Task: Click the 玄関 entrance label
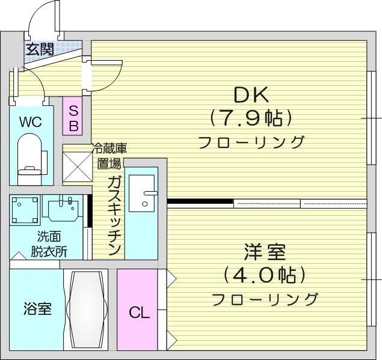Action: pyautogui.click(x=40, y=49)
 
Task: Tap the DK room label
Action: pyautogui.click(x=251, y=94)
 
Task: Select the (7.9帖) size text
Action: pyautogui.click(x=251, y=118)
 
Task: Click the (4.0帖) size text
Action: pyautogui.click(x=265, y=275)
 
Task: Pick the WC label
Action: pyautogui.click(x=31, y=122)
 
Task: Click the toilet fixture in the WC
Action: pyautogui.click(x=30, y=159)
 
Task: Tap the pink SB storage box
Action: pyautogui.click(x=73, y=116)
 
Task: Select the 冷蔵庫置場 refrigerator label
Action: pyautogui.click(x=109, y=156)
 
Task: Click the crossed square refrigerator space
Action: pyautogui.click(x=78, y=166)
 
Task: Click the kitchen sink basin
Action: pyautogui.click(x=141, y=193)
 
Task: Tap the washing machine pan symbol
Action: pyautogui.click(x=25, y=210)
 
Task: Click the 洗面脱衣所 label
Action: pyautogui.click(x=49, y=244)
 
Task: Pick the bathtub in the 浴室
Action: pyautogui.click(x=86, y=310)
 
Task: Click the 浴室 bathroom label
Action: pyautogui.click(x=37, y=308)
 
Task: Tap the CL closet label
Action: pyautogui.click(x=140, y=313)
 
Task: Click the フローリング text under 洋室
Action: pyautogui.click(x=265, y=299)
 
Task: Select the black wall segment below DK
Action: pyautogui.click(x=200, y=201)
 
